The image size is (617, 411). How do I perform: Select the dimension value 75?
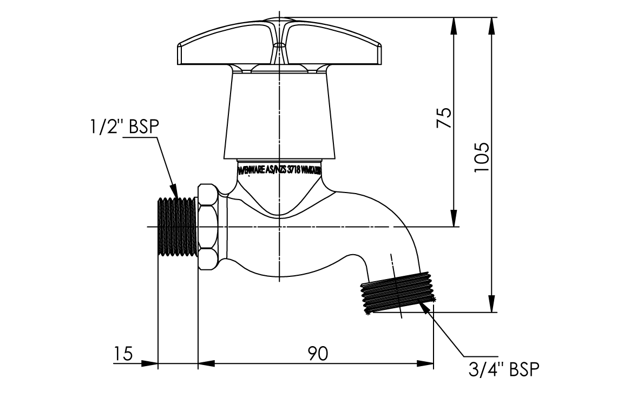pyautogui.click(x=444, y=117)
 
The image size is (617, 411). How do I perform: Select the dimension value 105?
pyautogui.click(x=481, y=157)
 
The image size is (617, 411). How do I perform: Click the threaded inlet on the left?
pyautogui.click(x=178, y=227)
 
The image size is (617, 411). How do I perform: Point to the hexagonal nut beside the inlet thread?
pyautogui.click(x=208, y=227)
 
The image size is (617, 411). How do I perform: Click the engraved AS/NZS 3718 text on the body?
pyautogui.click(x=280, y=169)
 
